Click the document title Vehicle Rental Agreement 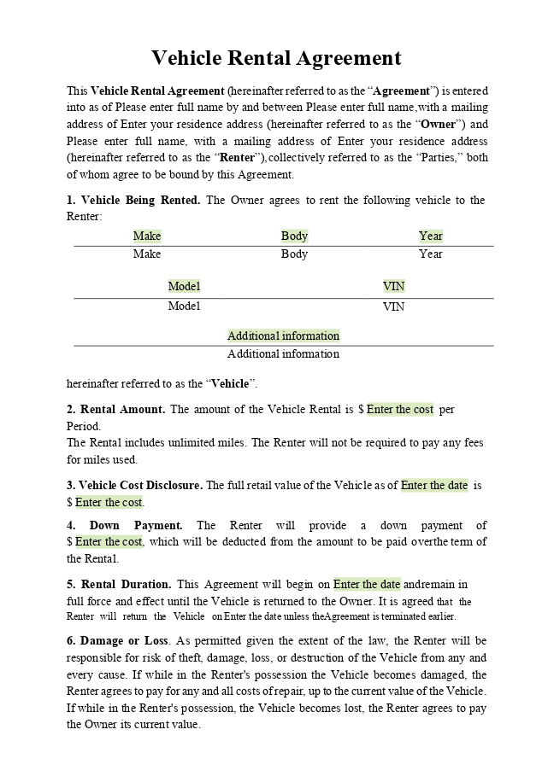click(276, 58)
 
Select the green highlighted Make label click(147, 236)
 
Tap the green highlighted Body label click(294, 236)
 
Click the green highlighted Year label click(431, 236)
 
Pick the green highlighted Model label click(184, 287)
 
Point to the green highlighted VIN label click(393, 287)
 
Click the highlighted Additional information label click(283, 336)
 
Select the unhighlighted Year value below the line click(431, 254)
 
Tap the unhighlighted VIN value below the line click(393, 306)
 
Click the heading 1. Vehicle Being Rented click(133, 201)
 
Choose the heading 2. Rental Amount click(115, 410)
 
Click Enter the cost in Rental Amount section click(400, 410)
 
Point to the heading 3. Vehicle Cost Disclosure click(134, 486)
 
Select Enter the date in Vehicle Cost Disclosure click(434, 486)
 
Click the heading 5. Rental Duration click(119, 585)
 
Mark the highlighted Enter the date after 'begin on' click(367, 585)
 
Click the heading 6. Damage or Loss click(117, 641)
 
